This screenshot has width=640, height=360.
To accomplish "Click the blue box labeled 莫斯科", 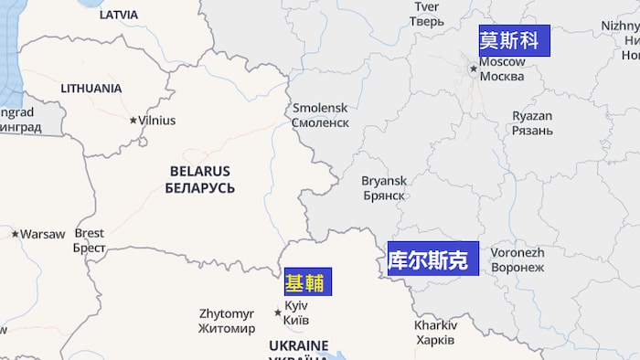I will [514, 40].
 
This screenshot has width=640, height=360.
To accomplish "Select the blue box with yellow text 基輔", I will [307, 281].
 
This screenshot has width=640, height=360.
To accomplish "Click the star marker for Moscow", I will [474, 68].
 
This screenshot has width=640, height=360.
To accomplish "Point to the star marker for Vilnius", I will [133, 120].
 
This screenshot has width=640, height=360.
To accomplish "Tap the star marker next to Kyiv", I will [278, 312].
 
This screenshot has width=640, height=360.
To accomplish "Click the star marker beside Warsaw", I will [15, 234].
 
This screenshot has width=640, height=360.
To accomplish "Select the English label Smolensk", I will [320, 108].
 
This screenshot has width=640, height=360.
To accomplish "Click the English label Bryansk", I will [384, 181].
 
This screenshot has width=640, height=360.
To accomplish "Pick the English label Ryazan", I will [532, 116].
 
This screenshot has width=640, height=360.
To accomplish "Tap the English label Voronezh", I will [517, 253].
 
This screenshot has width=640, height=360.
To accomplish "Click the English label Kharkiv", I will [435, 325].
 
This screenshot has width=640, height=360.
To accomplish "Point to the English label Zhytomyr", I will [227, 313].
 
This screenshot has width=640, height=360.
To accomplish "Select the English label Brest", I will [90, 233].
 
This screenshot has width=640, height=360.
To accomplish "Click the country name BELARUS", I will [199, 171].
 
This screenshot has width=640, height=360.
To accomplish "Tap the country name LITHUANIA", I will [91, 89].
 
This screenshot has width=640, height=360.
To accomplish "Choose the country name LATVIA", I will [118, 15].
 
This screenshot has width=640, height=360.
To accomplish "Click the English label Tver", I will [427, 6].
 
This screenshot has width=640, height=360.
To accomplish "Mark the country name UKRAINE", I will [298, 345].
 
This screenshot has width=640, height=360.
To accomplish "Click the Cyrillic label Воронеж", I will [517, 268].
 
